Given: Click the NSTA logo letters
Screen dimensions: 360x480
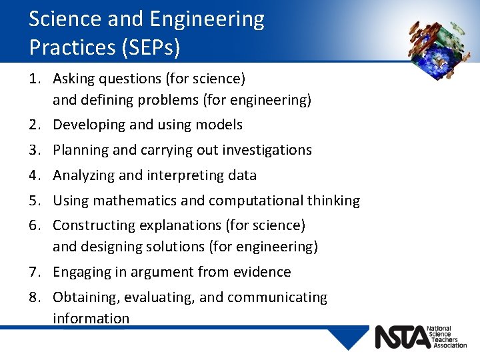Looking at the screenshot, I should [x=402, y=337].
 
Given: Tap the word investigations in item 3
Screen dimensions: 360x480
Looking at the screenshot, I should [x=269, y=150].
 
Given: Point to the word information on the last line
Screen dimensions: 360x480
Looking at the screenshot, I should [x=91, y=319].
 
